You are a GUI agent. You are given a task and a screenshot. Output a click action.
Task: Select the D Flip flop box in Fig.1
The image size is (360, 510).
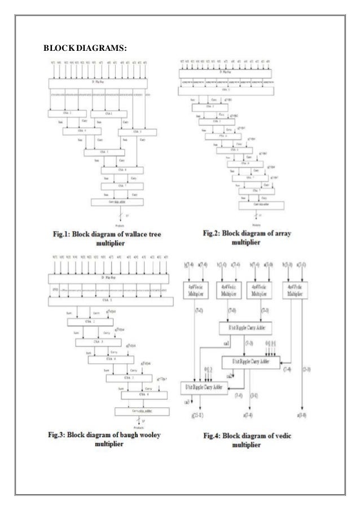[99, 83]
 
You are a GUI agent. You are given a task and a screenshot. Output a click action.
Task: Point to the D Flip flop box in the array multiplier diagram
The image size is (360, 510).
[226, 72]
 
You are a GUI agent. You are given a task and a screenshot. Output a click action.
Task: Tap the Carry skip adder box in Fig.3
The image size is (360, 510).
[135, 411]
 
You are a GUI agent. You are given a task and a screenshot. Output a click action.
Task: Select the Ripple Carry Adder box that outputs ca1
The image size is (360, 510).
[251, 328]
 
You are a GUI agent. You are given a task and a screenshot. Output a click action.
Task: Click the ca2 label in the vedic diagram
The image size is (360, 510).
[214, 373]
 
